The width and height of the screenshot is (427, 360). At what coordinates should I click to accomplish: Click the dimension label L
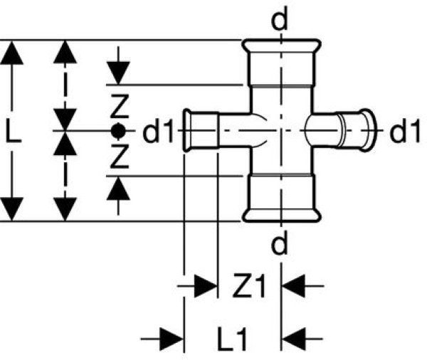(x=14, y=132)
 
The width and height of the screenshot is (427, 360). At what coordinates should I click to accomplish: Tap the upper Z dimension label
(x=119, y=107)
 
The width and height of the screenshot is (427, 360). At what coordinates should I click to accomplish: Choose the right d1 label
(x=406, y=132)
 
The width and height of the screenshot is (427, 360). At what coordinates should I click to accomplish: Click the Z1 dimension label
(x=249, y=287)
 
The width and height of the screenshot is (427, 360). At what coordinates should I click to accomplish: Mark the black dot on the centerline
(x=119, y=131)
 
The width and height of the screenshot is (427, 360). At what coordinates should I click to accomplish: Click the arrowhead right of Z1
(x=294, y=287)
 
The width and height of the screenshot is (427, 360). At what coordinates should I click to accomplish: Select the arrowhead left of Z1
(x=206, y=287)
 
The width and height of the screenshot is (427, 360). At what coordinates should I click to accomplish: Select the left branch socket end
(x=190, y=131)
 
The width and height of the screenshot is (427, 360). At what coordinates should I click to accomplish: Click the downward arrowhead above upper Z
(x=119, y=72)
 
